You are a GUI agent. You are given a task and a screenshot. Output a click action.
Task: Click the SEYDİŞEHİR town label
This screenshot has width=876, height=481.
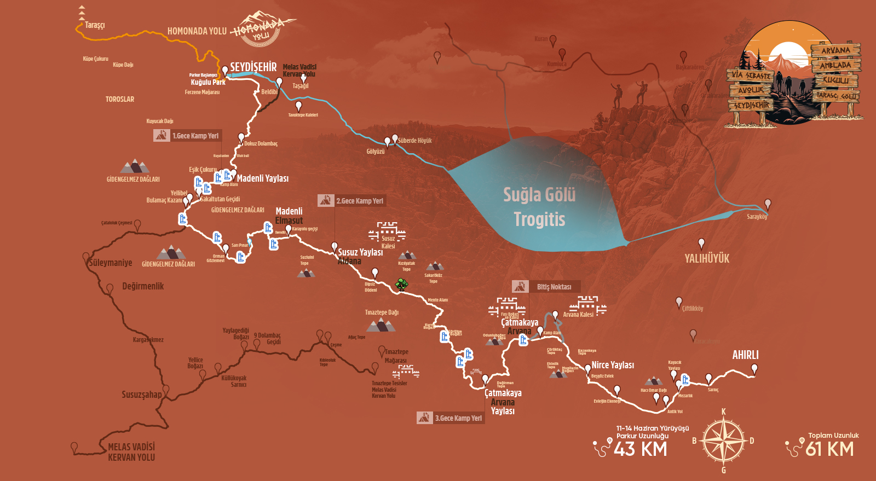coord(253,67)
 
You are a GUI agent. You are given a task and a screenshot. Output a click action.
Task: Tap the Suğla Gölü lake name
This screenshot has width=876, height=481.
coord(539,195)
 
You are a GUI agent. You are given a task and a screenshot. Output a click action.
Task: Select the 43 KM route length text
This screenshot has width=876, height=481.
coord(640,449)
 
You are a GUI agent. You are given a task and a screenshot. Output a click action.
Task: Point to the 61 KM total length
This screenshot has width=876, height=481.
coord(829,449)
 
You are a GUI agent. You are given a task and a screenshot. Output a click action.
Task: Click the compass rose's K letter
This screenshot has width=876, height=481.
coord(723,412)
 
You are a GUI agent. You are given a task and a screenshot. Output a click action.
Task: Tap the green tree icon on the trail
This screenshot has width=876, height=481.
coord(402,284)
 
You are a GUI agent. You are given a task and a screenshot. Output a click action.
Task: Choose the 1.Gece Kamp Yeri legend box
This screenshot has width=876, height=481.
coord(188,136)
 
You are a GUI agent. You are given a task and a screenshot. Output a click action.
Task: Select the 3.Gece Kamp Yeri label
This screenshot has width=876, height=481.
coord(451,418)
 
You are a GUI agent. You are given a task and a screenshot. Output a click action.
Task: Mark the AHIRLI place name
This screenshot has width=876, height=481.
coord(745,355)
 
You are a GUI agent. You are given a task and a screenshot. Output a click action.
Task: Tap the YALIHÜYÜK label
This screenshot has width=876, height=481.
coord(707,258)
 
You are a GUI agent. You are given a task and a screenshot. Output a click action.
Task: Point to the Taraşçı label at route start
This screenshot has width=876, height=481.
coord(95,25)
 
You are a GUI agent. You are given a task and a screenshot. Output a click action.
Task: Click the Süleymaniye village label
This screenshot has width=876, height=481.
coord(111,263)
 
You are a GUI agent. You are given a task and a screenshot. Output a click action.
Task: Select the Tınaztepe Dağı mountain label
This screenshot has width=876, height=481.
coord(382,312)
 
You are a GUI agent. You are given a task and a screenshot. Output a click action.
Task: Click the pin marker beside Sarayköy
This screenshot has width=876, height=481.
coord(768,204)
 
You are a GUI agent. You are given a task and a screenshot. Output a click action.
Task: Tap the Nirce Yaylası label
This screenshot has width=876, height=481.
coord(613,365)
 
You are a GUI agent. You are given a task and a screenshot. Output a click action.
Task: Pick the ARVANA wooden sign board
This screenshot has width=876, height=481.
coord(835,50)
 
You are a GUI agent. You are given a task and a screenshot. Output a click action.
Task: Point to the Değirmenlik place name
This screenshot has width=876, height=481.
coord(143,286)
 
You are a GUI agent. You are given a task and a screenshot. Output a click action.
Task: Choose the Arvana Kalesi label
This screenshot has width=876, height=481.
coord(578,315)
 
